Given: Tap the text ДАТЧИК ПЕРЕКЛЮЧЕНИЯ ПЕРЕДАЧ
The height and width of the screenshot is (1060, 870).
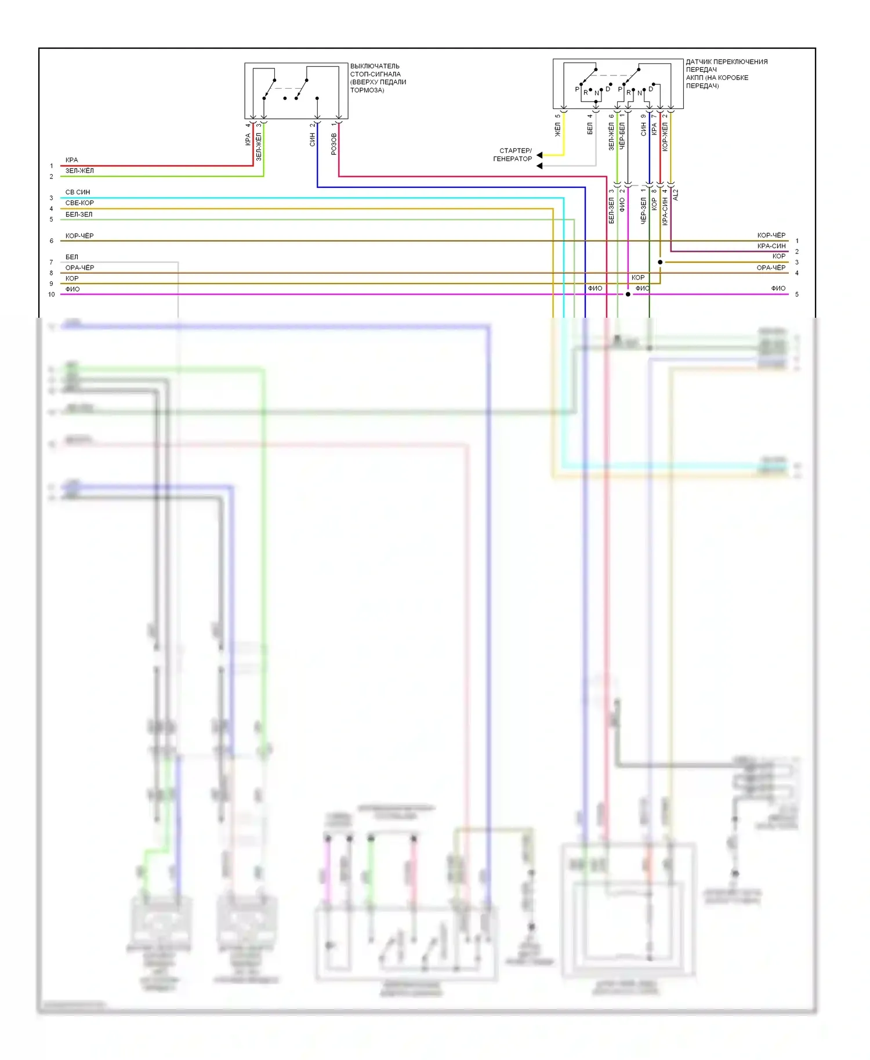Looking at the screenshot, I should (x=726, y=66).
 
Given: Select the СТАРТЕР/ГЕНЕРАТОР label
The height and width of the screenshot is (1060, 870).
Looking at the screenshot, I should (x=513, y=155).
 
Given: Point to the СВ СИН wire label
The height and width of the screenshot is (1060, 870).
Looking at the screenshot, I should (x=78, y=192).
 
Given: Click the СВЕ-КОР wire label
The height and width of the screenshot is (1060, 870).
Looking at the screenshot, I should (x=79, y=203).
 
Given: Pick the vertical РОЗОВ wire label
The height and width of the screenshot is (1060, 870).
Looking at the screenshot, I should (x=334, y=143).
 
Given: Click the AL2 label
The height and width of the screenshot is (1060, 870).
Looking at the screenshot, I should (x=676, y=195).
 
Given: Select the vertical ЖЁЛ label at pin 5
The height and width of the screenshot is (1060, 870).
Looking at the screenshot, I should (x=558, y=129).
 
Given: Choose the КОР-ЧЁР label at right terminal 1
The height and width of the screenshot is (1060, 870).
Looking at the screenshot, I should (x=771, y=235).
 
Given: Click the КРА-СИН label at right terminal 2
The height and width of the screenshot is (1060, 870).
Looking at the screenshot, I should (x=771, y=246).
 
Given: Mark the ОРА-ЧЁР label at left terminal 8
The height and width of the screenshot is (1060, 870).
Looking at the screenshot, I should (x=79, y=267).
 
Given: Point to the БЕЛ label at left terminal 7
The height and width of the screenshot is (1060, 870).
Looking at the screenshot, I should (x=72, y=257).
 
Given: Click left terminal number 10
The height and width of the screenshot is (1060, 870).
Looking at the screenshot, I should (x=52, y=295).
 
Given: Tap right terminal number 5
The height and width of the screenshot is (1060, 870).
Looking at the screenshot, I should (x=797, y=295).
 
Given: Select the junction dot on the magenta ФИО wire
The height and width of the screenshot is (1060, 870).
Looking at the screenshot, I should (x=628, y=294).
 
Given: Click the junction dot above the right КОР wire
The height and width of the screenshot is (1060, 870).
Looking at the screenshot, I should (x=660, y=262).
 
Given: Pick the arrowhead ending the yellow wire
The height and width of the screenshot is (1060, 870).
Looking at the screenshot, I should (x=540, y=155).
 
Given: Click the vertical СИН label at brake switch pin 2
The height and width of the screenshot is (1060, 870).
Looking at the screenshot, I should (x=313, y=139).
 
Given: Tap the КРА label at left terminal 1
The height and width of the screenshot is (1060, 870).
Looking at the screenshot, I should (x=72, y=160).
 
